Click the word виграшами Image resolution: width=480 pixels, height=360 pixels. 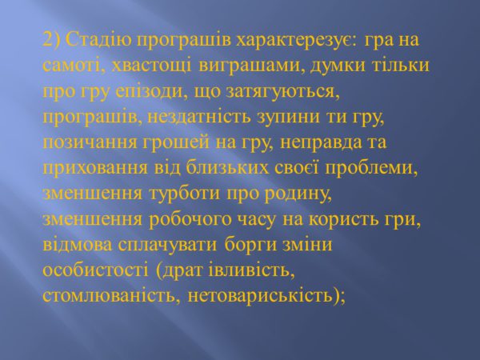(250, 66)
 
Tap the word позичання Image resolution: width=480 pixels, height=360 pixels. (90, 143)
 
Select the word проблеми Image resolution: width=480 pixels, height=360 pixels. (371, 169)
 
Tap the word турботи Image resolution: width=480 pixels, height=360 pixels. (184, 194)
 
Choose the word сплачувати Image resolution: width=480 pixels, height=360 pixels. (167, 246)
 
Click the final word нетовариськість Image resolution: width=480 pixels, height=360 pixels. (260, 296)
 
